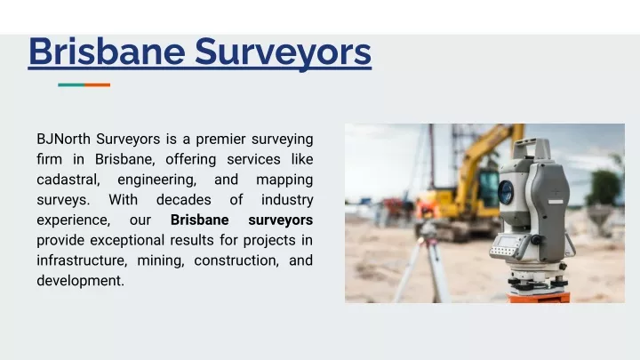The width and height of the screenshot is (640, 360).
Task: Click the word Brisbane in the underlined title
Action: [x=107, y=52]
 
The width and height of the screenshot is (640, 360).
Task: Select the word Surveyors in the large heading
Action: [x=284, y=52]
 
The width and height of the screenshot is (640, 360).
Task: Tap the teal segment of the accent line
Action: [x=71, y=85]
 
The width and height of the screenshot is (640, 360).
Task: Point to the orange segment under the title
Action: [x=98, y=85]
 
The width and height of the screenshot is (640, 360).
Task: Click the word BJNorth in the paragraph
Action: [x=63, y=140]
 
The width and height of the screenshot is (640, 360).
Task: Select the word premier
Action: [x=220, y=140]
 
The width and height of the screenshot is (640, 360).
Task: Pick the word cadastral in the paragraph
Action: [x=68, y=180]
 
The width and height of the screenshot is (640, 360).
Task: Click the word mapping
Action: [x=284, y=180]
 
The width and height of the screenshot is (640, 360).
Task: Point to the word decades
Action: [x=184, y=200]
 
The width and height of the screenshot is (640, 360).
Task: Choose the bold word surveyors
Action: [x=280, y=220]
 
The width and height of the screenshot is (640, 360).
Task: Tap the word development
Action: [x=80, y=281]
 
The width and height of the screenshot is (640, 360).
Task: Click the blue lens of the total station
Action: [x=506, y=191]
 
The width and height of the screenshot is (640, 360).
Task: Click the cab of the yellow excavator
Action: [x=488, y=189]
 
